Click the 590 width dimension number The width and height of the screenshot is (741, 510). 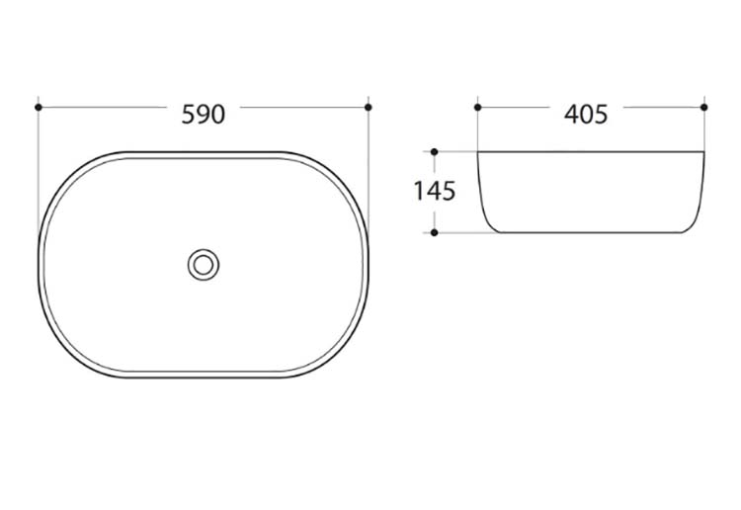tap(204, 115)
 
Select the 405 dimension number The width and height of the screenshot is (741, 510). tap(586, 115)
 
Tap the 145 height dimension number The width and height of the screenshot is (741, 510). tap(435, 191)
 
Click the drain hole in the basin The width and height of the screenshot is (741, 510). tap(204, 265)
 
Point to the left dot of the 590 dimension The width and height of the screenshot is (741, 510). tap(39, 108)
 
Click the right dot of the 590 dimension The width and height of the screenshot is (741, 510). tap(369, 108)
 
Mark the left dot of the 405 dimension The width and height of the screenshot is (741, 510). tap(477, 108)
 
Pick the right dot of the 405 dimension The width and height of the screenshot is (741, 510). tap(704, 108)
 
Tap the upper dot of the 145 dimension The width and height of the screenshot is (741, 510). tap(435, 152)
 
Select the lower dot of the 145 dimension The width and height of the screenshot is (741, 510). tap(435, 232)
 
